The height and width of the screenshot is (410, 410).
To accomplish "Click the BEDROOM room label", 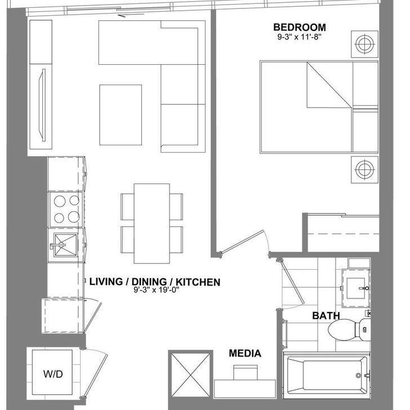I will [x=299, y=28].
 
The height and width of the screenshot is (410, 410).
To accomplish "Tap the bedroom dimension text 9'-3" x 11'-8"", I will [x=299, y=38].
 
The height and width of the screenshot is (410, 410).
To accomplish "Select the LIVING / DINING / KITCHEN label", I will [x=155, y=282].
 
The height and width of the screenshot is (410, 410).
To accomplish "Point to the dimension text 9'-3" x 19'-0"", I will [x=155, y=291].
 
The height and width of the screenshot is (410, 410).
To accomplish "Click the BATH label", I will [x=326, y=316].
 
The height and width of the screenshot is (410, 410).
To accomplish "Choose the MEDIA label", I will [x=245, y=354].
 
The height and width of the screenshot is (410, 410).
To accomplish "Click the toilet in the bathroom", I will [x=346, y=329].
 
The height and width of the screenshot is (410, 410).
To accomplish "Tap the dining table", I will [x=152, y=223].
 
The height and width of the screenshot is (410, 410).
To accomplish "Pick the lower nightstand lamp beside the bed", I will [x=364, y=168].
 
